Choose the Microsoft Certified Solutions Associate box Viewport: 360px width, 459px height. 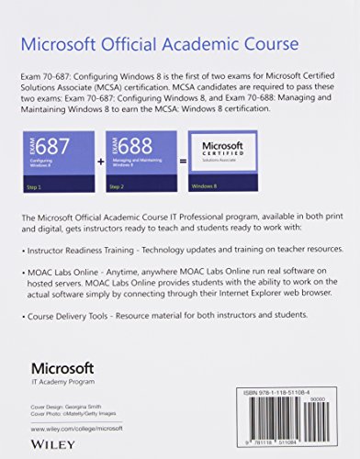click(x=223, y=151)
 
